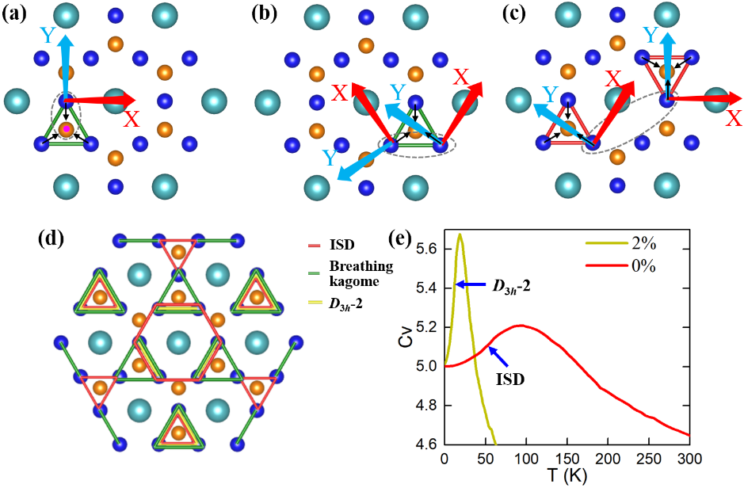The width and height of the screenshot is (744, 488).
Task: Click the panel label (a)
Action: (16, 13)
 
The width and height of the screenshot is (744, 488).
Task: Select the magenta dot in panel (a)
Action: (67, 128)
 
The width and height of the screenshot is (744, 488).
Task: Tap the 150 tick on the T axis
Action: (567, 459)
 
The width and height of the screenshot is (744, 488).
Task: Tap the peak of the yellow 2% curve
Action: (459, 234)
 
